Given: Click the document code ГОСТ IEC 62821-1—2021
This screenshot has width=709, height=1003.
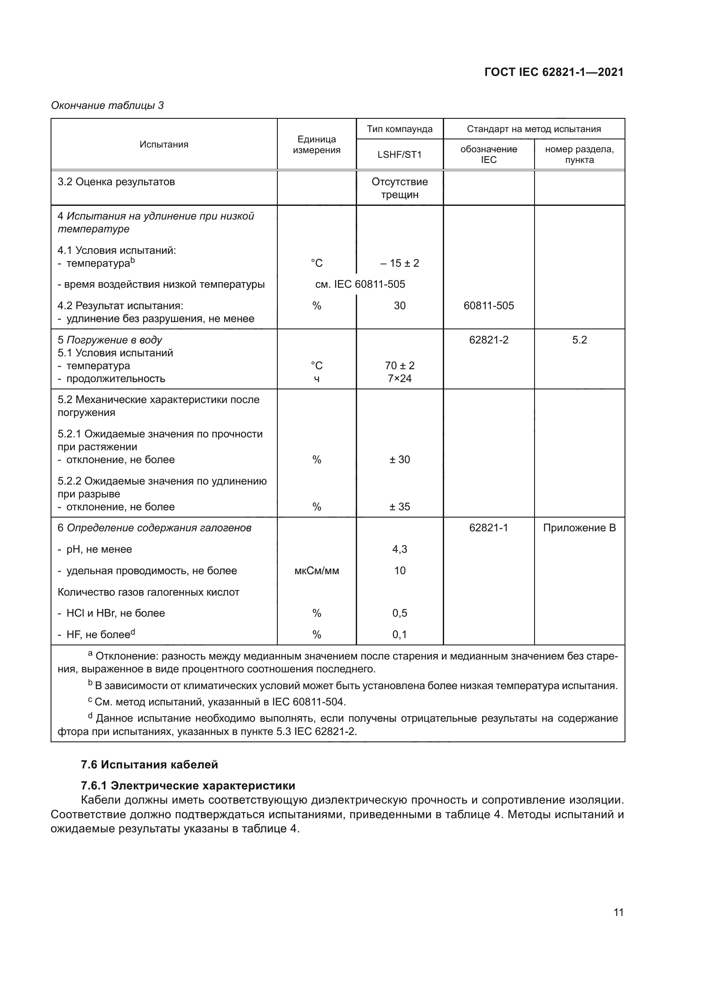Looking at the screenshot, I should coord(553,72).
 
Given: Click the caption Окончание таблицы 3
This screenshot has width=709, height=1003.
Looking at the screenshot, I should coord(108,105).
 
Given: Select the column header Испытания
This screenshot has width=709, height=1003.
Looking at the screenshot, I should coord(164,145).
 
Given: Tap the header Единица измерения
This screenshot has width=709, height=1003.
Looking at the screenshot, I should coord(316,145).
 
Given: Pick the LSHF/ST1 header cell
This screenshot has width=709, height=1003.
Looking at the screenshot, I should coord(400,155).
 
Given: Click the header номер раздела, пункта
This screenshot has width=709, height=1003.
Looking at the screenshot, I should coord(580,155).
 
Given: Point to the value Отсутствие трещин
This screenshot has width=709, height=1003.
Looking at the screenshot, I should coord(400,188).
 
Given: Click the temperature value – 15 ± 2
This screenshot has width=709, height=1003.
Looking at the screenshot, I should coord(400,263).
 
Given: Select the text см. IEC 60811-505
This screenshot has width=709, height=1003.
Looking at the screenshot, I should coord(360,284).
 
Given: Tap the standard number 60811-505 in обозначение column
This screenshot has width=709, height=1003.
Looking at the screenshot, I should coord(489,306).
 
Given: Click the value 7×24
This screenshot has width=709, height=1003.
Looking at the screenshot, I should coord(400,378).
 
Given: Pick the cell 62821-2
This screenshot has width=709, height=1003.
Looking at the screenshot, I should coord(489,340).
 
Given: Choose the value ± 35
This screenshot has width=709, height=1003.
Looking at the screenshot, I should coord(400,507).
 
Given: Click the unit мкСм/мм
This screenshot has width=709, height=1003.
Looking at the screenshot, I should coord(316,570).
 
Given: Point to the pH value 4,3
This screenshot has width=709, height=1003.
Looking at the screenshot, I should coord(400,549).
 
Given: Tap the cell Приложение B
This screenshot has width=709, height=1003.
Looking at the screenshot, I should coord(580,528).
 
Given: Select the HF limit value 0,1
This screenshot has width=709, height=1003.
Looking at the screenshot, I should coord(400,634).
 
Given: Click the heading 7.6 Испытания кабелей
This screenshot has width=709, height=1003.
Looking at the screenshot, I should coord(149,765).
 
